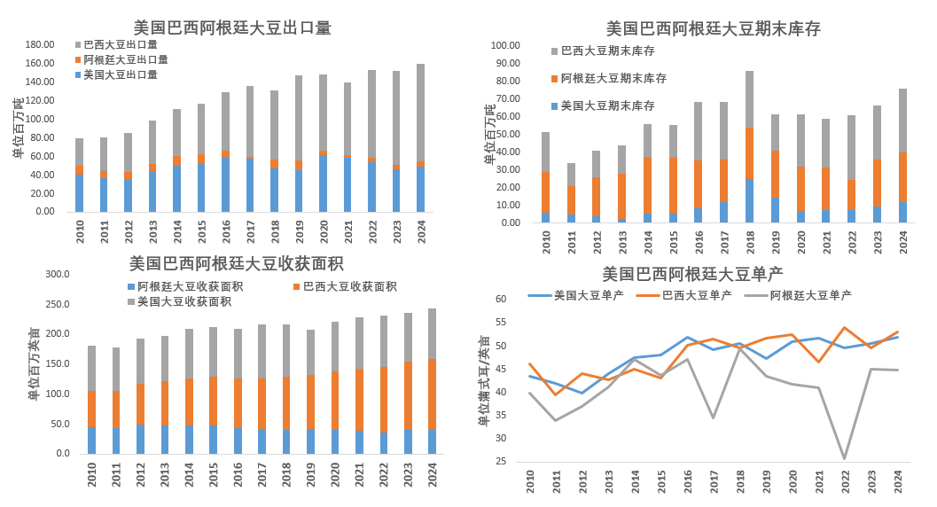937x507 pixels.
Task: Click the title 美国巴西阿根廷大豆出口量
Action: (x=232, y=27)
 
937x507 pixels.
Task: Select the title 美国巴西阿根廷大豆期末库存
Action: (x=713, y=28)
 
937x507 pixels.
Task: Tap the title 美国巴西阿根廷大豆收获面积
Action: (x=237, y=263)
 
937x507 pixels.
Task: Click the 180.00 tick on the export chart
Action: (x=40, y=45)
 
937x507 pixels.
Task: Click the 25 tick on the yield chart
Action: (x=501, y=461)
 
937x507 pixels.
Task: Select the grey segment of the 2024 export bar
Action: (x=420, y=111)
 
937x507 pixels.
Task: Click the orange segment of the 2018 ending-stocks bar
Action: (x=749, y=152)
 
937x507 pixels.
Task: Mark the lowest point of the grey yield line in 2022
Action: (x=844, y=458)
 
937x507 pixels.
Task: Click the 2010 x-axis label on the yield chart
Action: (x=530, y=482)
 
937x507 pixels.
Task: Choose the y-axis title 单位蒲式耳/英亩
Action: (x=484, y=381)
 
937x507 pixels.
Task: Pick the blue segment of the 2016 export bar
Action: (x=225, y=184)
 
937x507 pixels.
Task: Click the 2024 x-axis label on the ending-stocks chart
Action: (x=902, y=243)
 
